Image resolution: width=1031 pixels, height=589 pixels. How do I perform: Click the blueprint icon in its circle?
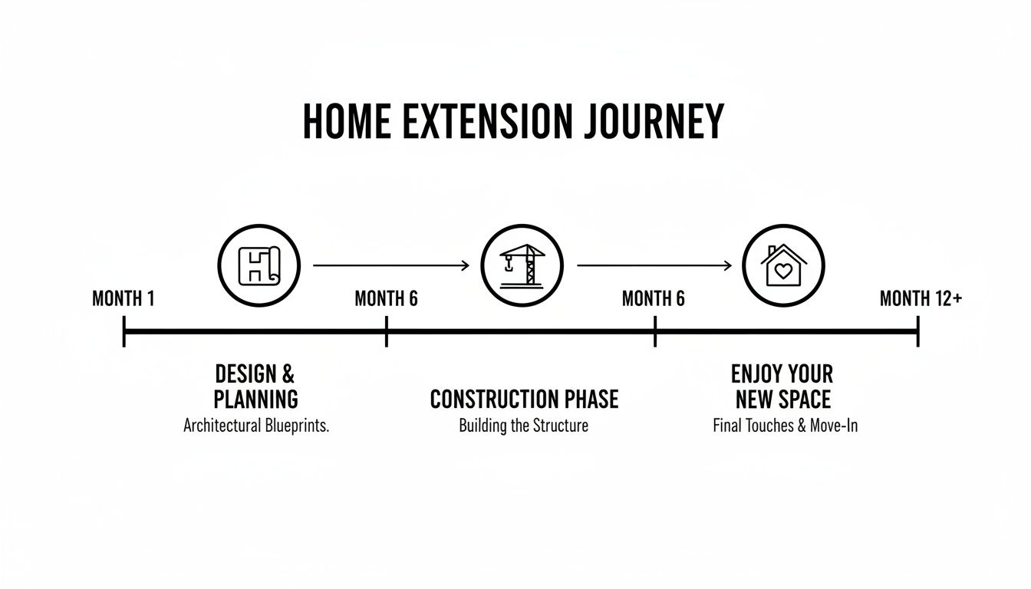pyautogui.click(x=259, y=266)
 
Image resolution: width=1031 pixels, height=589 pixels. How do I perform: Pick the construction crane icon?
pyautogui.click(x=522, y=266)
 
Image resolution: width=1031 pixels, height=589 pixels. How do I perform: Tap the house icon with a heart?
pyautogui.click(x=782, y=266)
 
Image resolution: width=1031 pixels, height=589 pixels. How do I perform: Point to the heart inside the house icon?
pyautogui.click(x=782, y=271)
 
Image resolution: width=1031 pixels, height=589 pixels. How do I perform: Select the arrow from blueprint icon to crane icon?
pyautogui.click(x=390, y=266)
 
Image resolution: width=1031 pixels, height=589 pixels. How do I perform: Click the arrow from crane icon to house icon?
pyautogui.click(x=654, y=266)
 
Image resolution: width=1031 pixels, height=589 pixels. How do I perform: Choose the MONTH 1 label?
pyautogui.click(x=123, y=299)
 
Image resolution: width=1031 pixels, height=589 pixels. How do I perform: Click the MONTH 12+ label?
pyautogui.click(x=921, y=299)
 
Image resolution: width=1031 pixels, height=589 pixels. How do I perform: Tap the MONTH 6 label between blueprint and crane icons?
pyautogui.click(x=386, y=299)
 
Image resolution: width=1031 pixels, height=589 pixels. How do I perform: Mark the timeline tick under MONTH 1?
pyautogui.click(x=124, y=332)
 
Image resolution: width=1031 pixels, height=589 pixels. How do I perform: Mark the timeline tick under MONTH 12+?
pyautogui.click(x=917, y=332)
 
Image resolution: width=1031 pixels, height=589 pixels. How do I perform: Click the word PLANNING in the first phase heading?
pyautogui.click(x=255, y=400)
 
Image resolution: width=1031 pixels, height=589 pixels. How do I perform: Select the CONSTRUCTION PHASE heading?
pyautogui.click(x=523, y=400)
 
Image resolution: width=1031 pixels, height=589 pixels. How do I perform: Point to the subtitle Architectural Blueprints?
pyautogui.click(x=255, y=426)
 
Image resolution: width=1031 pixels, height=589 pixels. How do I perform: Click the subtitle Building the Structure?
pyautogui.click(x=523, y=426)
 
